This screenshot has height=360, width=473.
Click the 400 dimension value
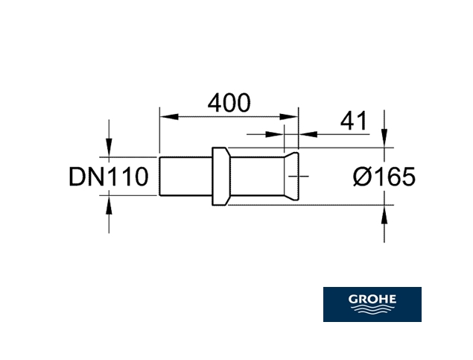coord(229,103)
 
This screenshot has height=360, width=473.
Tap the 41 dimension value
coord(354,121)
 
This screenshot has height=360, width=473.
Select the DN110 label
coord(109,177)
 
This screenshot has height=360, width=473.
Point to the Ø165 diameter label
coord(384,177)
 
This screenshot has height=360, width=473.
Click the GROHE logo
coord(372,304)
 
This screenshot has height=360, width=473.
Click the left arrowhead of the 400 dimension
coord(169,117)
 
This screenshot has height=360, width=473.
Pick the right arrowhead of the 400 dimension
coord(289,117)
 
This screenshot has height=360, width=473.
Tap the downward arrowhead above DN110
coord(109,148)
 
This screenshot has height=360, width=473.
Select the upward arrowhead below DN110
coord(109,205)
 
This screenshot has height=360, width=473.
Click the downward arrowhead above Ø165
coord(384,138)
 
